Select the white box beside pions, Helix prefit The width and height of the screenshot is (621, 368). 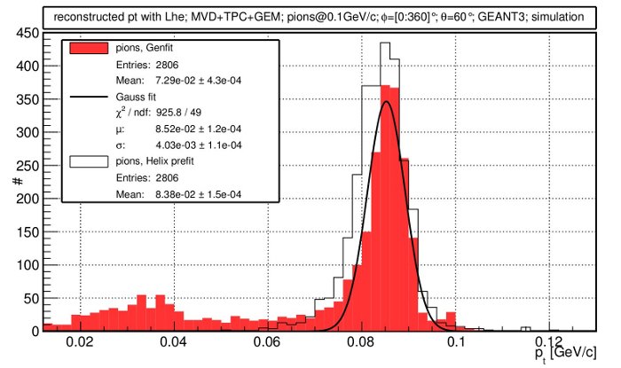pyautogui.click(x=88, y=161)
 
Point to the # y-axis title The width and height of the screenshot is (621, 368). pyautogui.click(x=17, y=182)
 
